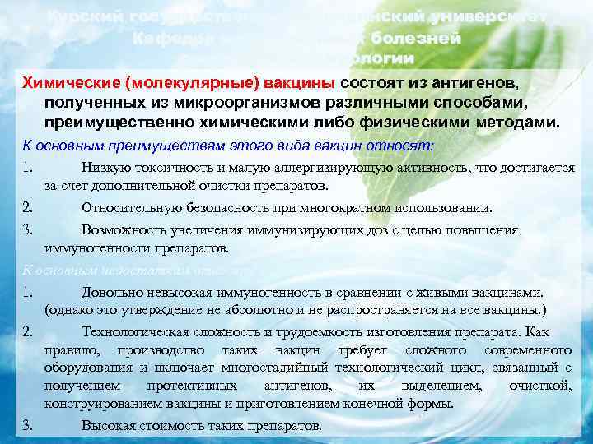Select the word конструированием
point(100,404)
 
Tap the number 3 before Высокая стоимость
point(27,425)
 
